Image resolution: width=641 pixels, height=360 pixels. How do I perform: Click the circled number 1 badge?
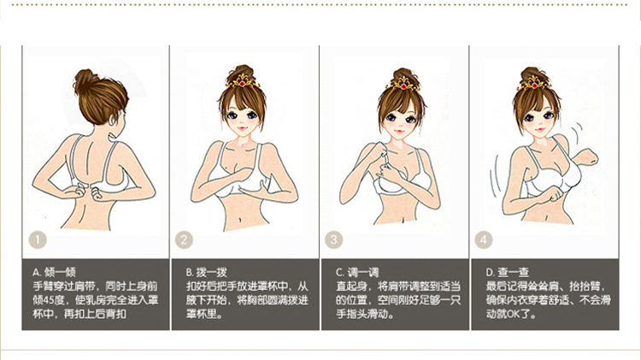coord(38,240)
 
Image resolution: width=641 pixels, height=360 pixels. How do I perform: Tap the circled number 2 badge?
coord(184,240)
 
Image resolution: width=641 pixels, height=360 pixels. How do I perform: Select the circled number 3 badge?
coord(333,240)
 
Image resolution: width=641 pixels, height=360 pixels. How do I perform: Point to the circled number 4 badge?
coord(484,240)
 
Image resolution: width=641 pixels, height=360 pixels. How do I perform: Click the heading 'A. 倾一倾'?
coord(54,272)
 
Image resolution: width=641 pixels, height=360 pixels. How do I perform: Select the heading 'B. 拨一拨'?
coord(206,272)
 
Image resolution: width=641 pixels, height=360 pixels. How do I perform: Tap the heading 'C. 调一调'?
coord(357,272)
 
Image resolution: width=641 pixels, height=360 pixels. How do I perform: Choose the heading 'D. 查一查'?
coord(508,272)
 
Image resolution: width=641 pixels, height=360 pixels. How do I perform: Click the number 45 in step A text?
coord(48,300)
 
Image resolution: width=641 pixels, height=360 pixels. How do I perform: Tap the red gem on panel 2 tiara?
coord(242,84)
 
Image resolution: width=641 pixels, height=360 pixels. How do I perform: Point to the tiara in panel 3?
coord(403,85)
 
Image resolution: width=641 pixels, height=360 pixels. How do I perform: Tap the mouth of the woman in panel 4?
coord(540,130)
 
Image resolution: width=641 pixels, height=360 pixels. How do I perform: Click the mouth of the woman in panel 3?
coord(399,132)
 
